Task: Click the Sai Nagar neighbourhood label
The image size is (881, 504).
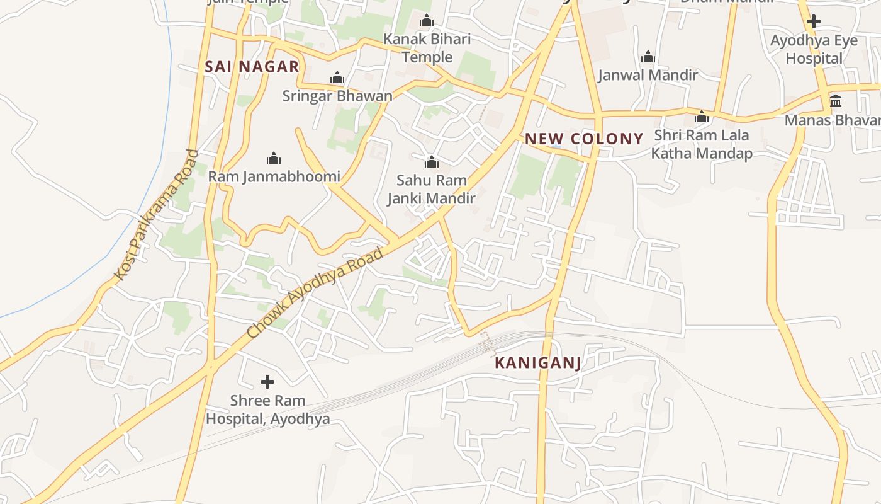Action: click(x=252, y=67)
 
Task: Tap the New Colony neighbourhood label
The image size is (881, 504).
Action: click(x=584, y=139)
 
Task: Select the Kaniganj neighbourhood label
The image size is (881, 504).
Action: click(x=537, y=363)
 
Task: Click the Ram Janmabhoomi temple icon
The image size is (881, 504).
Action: click(x=274, y=158)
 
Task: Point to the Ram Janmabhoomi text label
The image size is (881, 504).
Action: click(x=274, y=176)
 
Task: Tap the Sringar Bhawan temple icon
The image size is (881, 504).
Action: click(x=337, y=78)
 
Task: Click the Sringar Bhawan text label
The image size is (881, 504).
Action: click(x=337, y=96)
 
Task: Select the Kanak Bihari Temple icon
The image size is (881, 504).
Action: click(x=427, y=21)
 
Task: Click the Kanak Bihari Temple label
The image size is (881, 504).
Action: click(x=427, y=48)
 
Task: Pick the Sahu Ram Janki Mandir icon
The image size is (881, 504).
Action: click(x=431, y=163)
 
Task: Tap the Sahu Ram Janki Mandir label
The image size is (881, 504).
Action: click(x=431, y=189)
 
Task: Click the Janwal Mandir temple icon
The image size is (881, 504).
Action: click(x=648, y=57)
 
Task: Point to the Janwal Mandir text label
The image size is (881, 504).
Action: click(x=648, y=75)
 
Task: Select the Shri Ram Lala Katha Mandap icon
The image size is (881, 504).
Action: click(x=702, y=117)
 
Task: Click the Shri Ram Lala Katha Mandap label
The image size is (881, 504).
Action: click(x=702, y=144)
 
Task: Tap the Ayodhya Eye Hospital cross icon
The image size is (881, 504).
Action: click(x=814, y=21)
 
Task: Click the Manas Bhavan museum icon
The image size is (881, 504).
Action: click(x=836, y=101)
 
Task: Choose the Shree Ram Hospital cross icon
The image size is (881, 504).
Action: click(x=267, y=382)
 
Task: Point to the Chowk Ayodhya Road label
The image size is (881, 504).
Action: click(x=315, y=293)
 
